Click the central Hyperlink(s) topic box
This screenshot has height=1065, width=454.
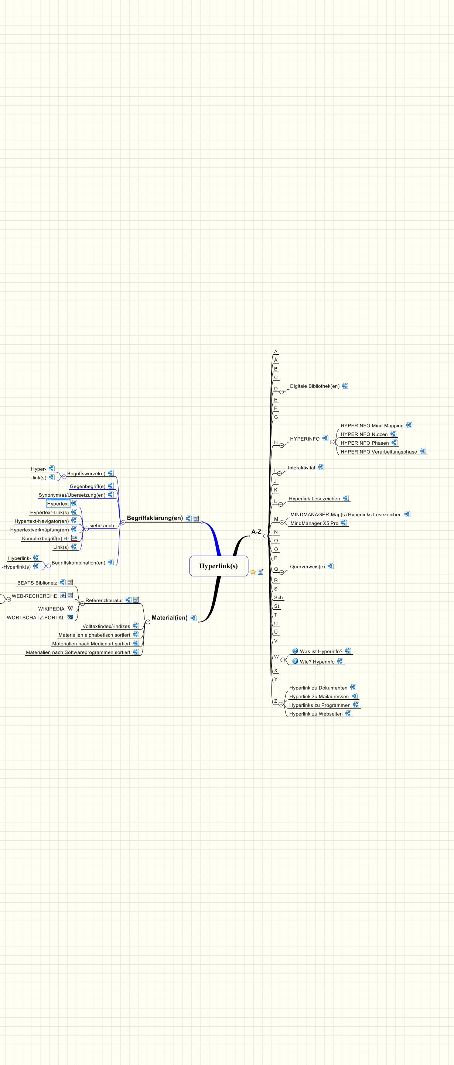click(x=219, y=566)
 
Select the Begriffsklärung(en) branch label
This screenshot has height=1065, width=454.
click(x=155, y=518)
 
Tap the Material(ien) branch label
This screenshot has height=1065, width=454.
click(x=169, y=618)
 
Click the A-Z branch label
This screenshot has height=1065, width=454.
click(x=256, y=532)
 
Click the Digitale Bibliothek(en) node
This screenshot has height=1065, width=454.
click(x=314, y=386)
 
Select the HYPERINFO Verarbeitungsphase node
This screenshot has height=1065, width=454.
click(x=379, y=452)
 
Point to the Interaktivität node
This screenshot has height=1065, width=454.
click(x=301, y=468)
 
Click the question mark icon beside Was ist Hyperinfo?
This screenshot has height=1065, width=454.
click(x=295, y=651)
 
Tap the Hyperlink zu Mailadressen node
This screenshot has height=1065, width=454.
click(x=319, y=697)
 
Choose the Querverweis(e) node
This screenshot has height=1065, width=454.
click(x=307, y=567)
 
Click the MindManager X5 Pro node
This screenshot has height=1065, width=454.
click(x=314, y=523)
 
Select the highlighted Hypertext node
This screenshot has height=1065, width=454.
click(x=58, y=504)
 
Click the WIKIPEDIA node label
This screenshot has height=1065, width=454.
click(x=51, y=609)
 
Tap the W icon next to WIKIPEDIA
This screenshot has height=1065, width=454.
click(x=70, y=609)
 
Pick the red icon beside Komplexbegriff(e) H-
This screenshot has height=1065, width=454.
click(x=74, y=538)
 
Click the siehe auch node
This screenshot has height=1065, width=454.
click(x=101, y=526)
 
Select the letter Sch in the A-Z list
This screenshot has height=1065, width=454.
click(x=278, y=597)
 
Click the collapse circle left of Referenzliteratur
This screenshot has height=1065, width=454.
click(x=82, y=604)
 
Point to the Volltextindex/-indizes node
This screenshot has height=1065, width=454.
click(x=106, y=626)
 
